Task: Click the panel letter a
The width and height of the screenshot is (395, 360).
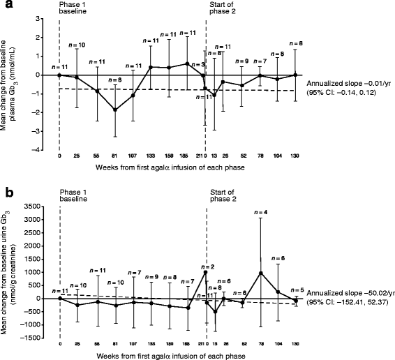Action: pos(6,6)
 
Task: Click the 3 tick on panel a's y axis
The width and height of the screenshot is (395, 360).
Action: pos(51,18)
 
